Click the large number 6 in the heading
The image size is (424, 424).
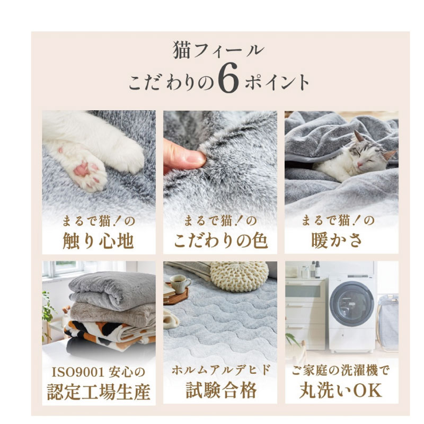coord(229,79)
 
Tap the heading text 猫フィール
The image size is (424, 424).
coord(218,50)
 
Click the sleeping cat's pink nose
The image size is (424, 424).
coord(360,165)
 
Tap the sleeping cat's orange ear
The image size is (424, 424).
coord(390,155)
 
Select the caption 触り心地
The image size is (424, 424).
coord(99,241)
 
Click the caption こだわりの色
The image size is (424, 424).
coord(220,241)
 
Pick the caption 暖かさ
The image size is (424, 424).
coord(337,241)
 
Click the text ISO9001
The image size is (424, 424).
coord(78,373)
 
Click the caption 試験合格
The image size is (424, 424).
coord(221,391)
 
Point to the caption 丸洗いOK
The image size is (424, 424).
coord(341,390)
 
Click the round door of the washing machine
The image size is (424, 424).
coord(352,304)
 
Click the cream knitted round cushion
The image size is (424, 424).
coord(240,276)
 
